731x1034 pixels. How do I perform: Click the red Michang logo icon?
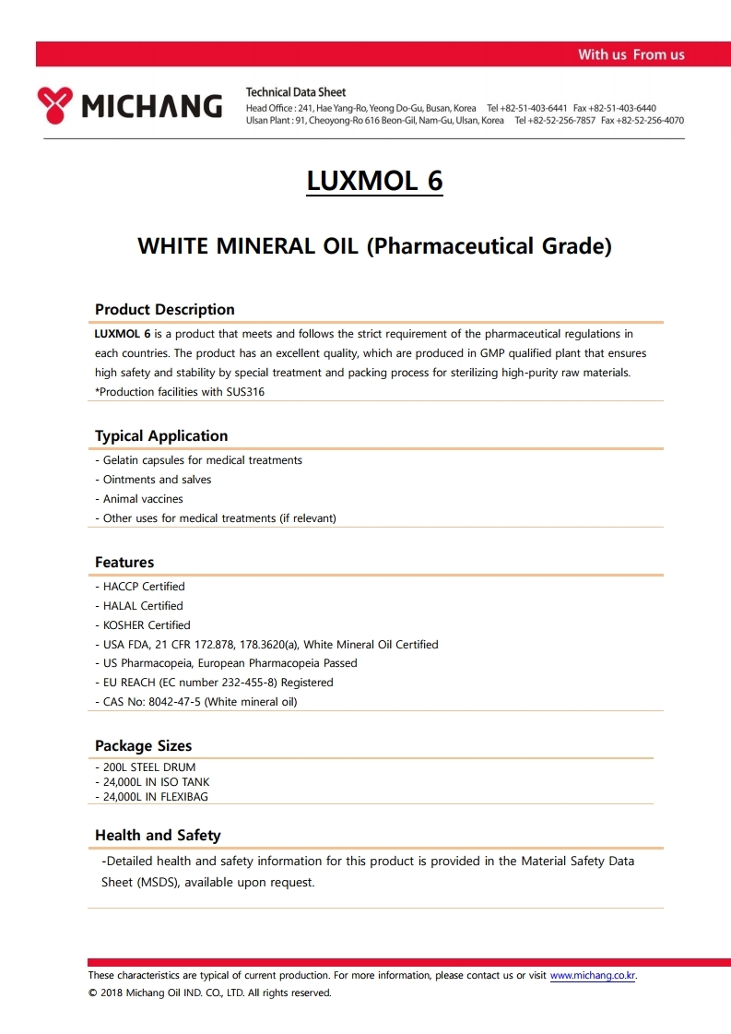[x=54, y=105]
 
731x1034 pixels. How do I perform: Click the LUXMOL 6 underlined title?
[x=374, y=181]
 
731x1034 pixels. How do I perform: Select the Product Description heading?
[x=164, y=310]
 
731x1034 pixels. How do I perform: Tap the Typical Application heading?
[x=160, y=436]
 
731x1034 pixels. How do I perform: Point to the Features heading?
[x=124, y=563]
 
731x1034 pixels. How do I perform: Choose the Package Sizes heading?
[x=143, y=746]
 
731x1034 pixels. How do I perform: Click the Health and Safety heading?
[x=158, y=836]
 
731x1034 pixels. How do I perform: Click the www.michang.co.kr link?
[x=593, y=976]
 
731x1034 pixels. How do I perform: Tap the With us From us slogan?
[x=631, y=54]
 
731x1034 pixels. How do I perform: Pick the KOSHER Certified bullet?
[x=146, y=625]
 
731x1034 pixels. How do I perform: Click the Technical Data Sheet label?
[x=296, y=92]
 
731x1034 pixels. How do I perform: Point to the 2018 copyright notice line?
[x=209, y=993]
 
